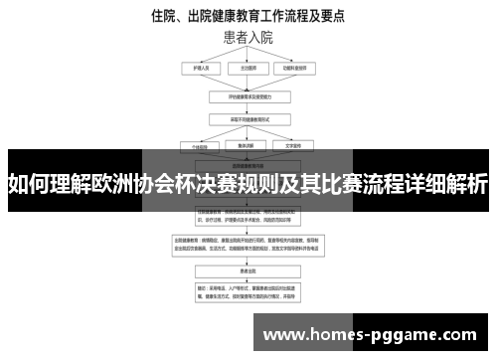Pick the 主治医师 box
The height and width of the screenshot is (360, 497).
click(248, 69)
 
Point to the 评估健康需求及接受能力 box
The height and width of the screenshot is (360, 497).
click(248, 97)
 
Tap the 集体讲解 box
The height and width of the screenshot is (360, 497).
click(248, 145)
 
